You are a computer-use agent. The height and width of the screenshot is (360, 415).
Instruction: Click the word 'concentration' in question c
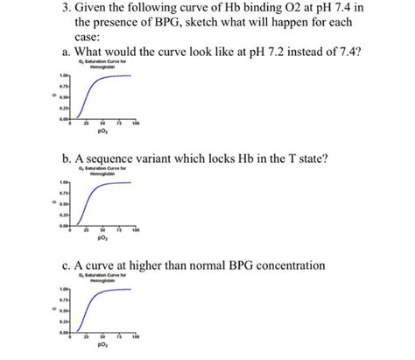[x=316, y=265]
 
